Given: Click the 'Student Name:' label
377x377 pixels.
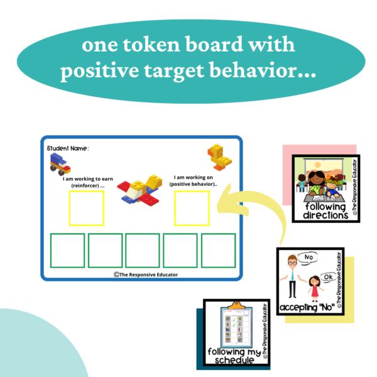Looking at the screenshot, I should [x=68, y=148].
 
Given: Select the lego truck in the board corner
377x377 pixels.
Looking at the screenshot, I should [x=60, y=165].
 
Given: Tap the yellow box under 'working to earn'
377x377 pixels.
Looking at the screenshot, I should [x=86, y=208].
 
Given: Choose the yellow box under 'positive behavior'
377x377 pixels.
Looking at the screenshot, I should [x=192, y=208].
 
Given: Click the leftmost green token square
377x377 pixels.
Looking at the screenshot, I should [x=67, y=251].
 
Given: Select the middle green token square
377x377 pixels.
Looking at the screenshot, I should [x=142, y=251].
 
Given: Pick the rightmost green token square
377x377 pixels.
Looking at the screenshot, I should [x=217, y=251].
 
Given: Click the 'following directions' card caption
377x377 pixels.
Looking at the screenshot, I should [x=324, y=210].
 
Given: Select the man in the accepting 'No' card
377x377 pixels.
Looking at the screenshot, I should [x=292, y=277].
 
